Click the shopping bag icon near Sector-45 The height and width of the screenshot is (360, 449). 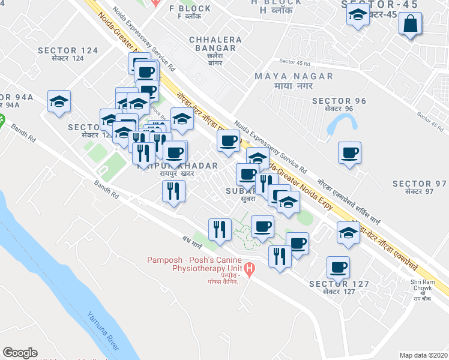click(410, 25)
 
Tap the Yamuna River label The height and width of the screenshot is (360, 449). click(103, 331)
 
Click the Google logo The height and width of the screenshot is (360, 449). click(20, 353)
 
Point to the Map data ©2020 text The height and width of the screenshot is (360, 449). click(423, 355)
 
